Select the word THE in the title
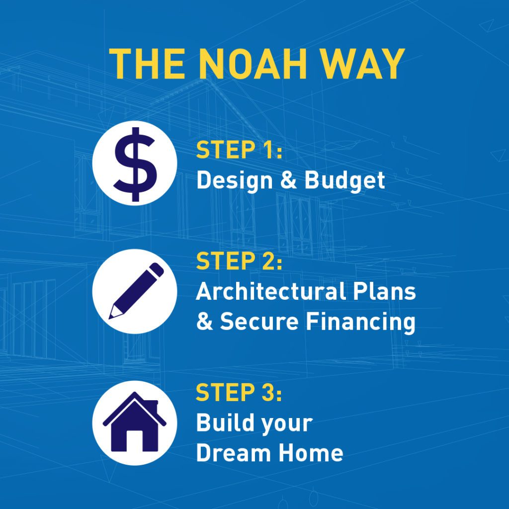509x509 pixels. (x=147, y=64)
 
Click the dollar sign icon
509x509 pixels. (x=135, y=164)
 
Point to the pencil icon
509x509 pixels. (x=136, y=291)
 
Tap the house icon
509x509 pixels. (x=134, y=422)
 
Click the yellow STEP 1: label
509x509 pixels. (x=239, y=150)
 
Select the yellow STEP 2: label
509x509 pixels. (x=239, y=261)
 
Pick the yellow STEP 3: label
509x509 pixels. (x=239, y=392)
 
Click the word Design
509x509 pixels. (x=235, y=181)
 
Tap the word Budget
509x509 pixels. (x=345, y=181)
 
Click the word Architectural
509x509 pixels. (x=271, y=291)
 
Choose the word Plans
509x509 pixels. (x=384, y=291)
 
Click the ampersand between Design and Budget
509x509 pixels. (x=288, y=180)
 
